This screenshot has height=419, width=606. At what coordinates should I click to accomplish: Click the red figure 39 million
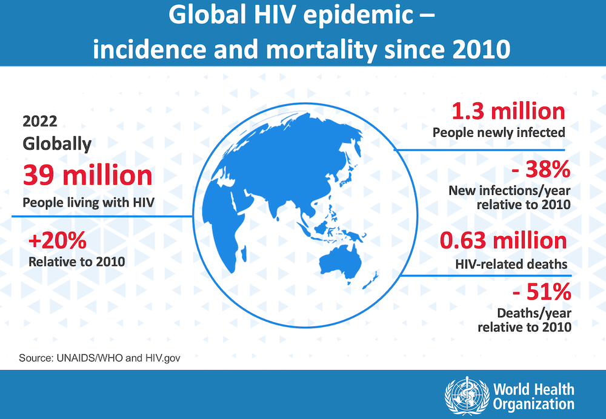click(88, 175)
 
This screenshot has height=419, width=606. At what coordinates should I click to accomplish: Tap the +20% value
click(58, 241)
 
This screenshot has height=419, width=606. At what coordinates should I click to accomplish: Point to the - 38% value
click(541, 168)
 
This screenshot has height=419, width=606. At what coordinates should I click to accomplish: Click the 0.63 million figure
click(503, 240)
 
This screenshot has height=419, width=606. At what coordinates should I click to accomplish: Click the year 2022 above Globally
click(40, 121)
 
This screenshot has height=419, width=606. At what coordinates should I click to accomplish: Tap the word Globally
click(57, 144)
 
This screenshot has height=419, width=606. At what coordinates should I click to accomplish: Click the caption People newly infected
click(498, 133)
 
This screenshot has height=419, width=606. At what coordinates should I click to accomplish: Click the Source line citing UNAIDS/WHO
click(100, 358)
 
